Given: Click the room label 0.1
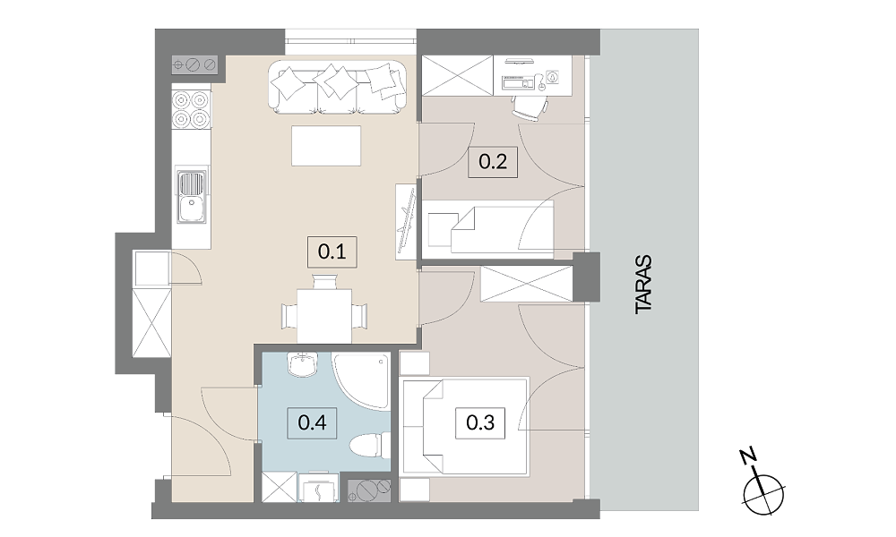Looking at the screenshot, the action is tap(332, 251).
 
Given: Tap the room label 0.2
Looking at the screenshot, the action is tap(493, 161).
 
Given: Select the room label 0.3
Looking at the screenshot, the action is tap(480, 422).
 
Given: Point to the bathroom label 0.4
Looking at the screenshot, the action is tap(313, 422).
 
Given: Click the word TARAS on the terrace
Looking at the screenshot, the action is tap(643, 284).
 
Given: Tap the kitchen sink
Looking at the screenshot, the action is tap(192, 198).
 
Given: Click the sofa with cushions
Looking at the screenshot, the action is tap(339, 87).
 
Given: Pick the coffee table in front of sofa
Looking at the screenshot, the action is tap(326, 146).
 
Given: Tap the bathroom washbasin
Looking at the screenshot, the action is tap(303, 364).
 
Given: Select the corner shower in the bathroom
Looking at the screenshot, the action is tap(362, 381).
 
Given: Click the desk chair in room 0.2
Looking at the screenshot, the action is tap(530, 107).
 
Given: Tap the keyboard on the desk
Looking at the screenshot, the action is tap(518, 83).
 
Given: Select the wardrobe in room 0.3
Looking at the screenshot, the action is tap(526, 284).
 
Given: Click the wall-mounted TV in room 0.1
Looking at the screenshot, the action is tap(407, 221).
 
